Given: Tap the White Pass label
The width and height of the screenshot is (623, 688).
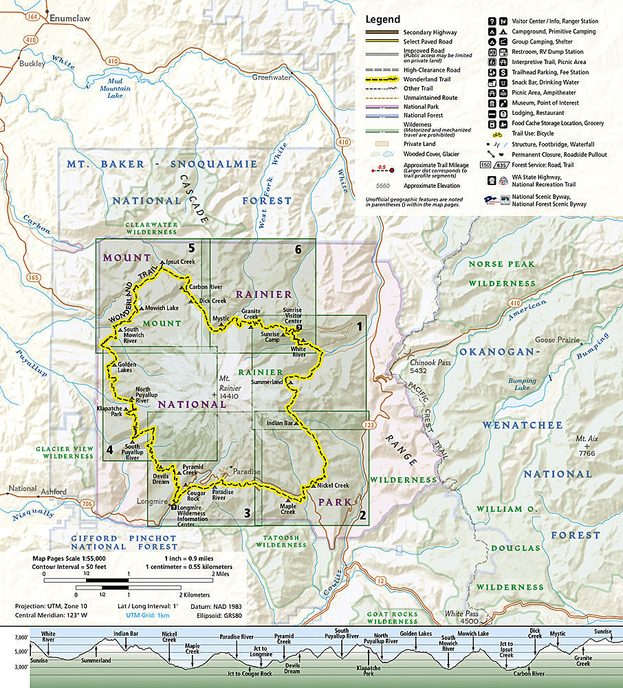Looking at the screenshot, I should tap(462, 613).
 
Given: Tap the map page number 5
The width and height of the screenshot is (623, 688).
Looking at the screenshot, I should tap(192, 249).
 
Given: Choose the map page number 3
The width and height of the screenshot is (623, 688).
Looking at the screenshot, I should tap(246, 513).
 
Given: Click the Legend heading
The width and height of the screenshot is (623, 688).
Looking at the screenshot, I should tap(382, 19).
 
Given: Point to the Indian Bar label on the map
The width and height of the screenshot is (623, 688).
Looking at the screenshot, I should tap(280, 422).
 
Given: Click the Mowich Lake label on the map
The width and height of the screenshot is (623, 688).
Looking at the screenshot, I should tap(163, 308).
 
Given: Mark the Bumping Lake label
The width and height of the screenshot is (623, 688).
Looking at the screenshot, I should tap(522, 384).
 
